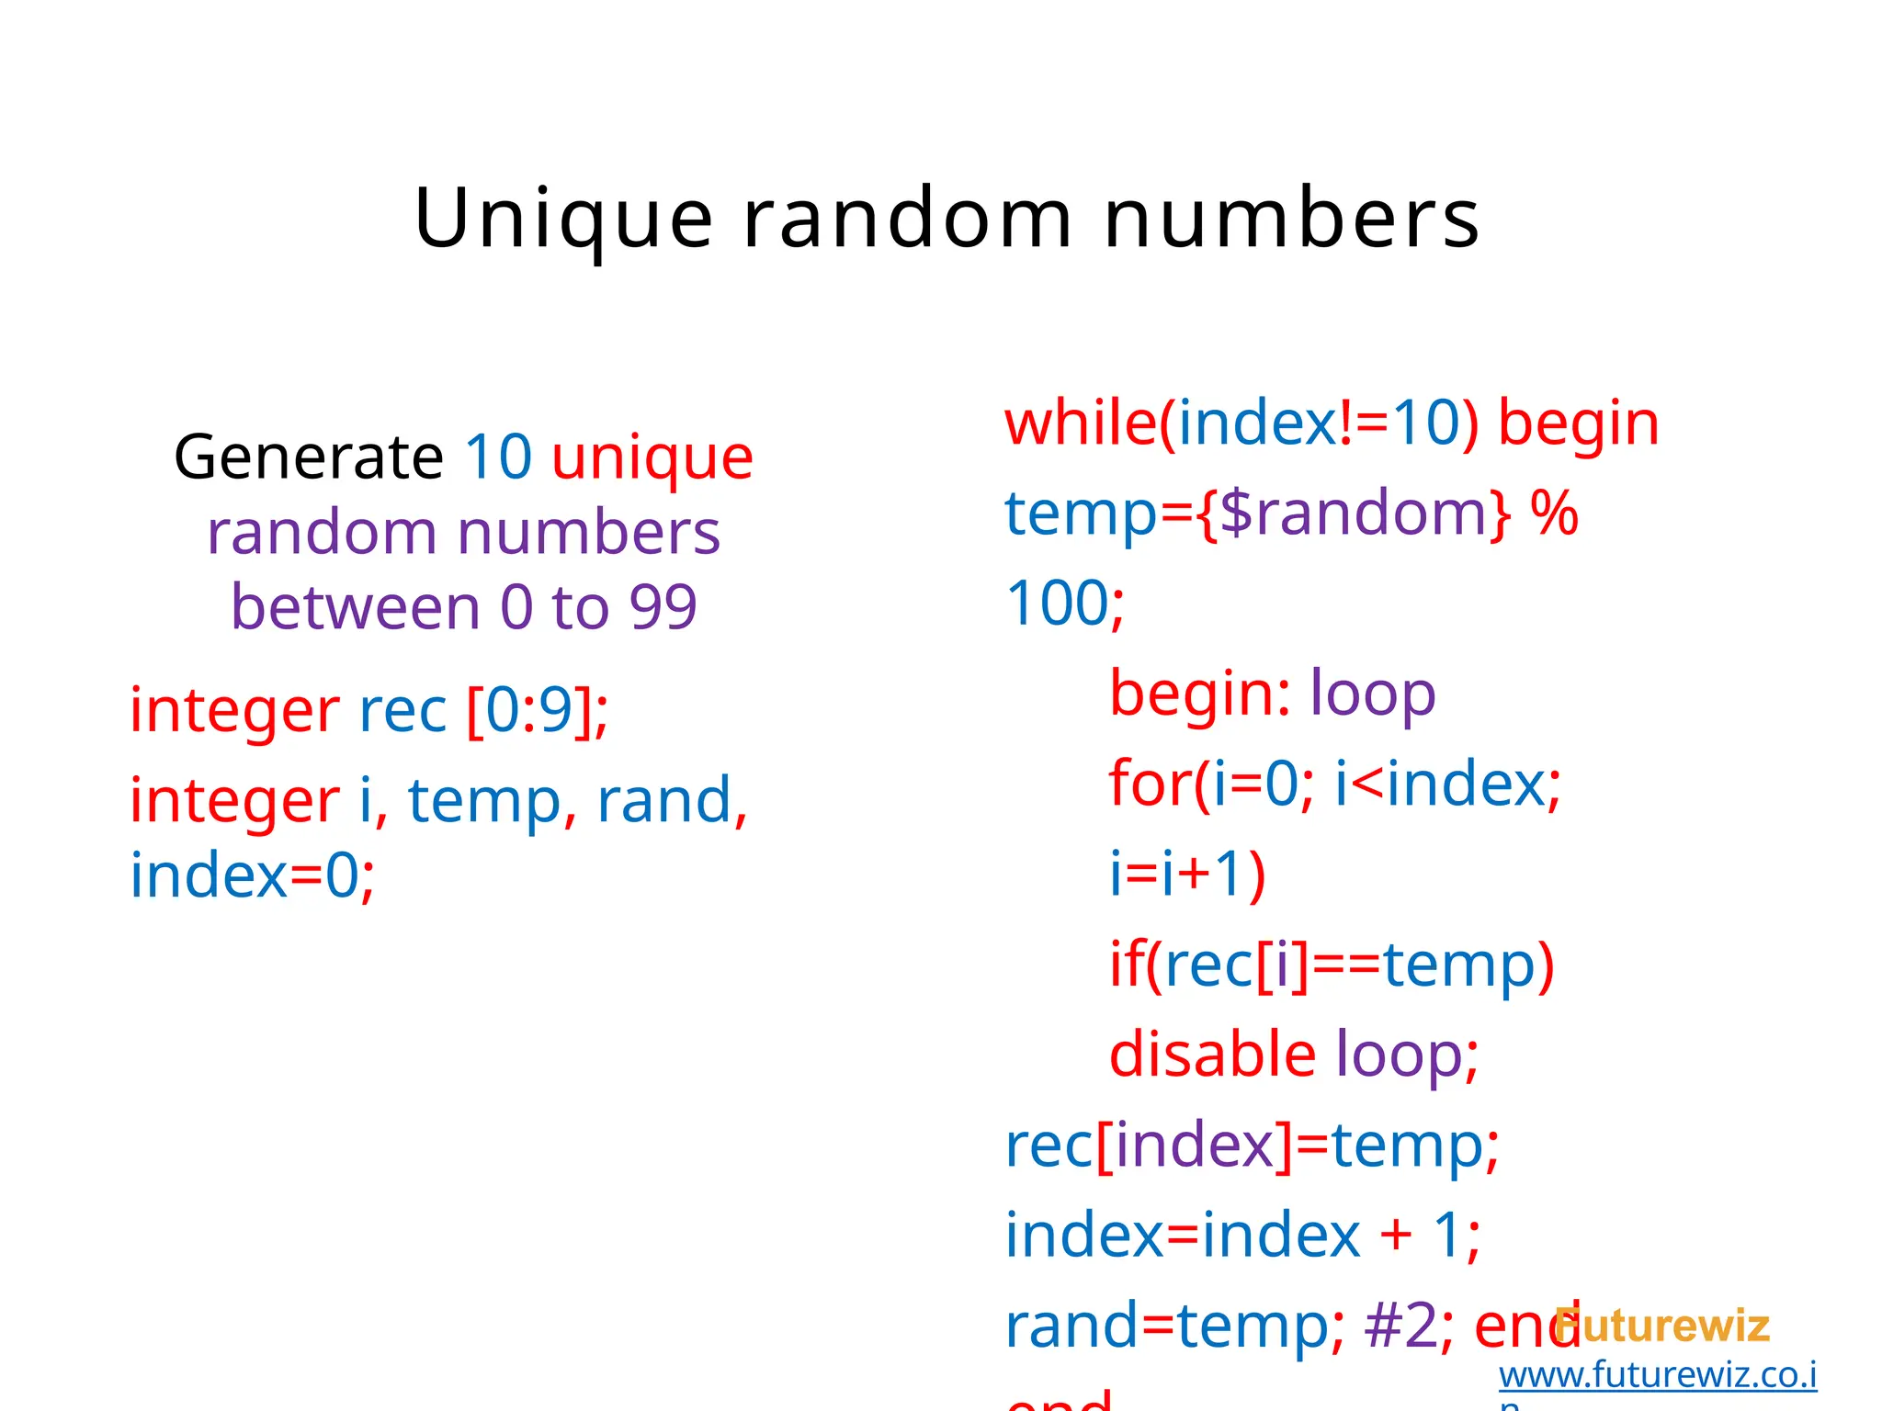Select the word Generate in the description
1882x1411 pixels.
(x=309, y=457)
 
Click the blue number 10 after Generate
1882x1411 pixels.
(x=498, y=457)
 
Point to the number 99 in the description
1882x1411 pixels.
(x=663, y=607)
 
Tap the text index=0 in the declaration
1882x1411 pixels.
(x=252, y=875)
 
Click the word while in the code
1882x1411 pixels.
(x=1081, y=424)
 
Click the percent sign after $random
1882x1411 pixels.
(x=1554, y=514)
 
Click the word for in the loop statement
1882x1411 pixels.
(x=1150, y=784)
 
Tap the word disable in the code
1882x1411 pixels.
(x=1212, y=1054)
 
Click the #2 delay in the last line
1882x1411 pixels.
(x=1400, y=1326)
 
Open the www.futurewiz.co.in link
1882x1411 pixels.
(x=1657, y=1375)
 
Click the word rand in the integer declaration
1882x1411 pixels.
(x=663, y=800)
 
